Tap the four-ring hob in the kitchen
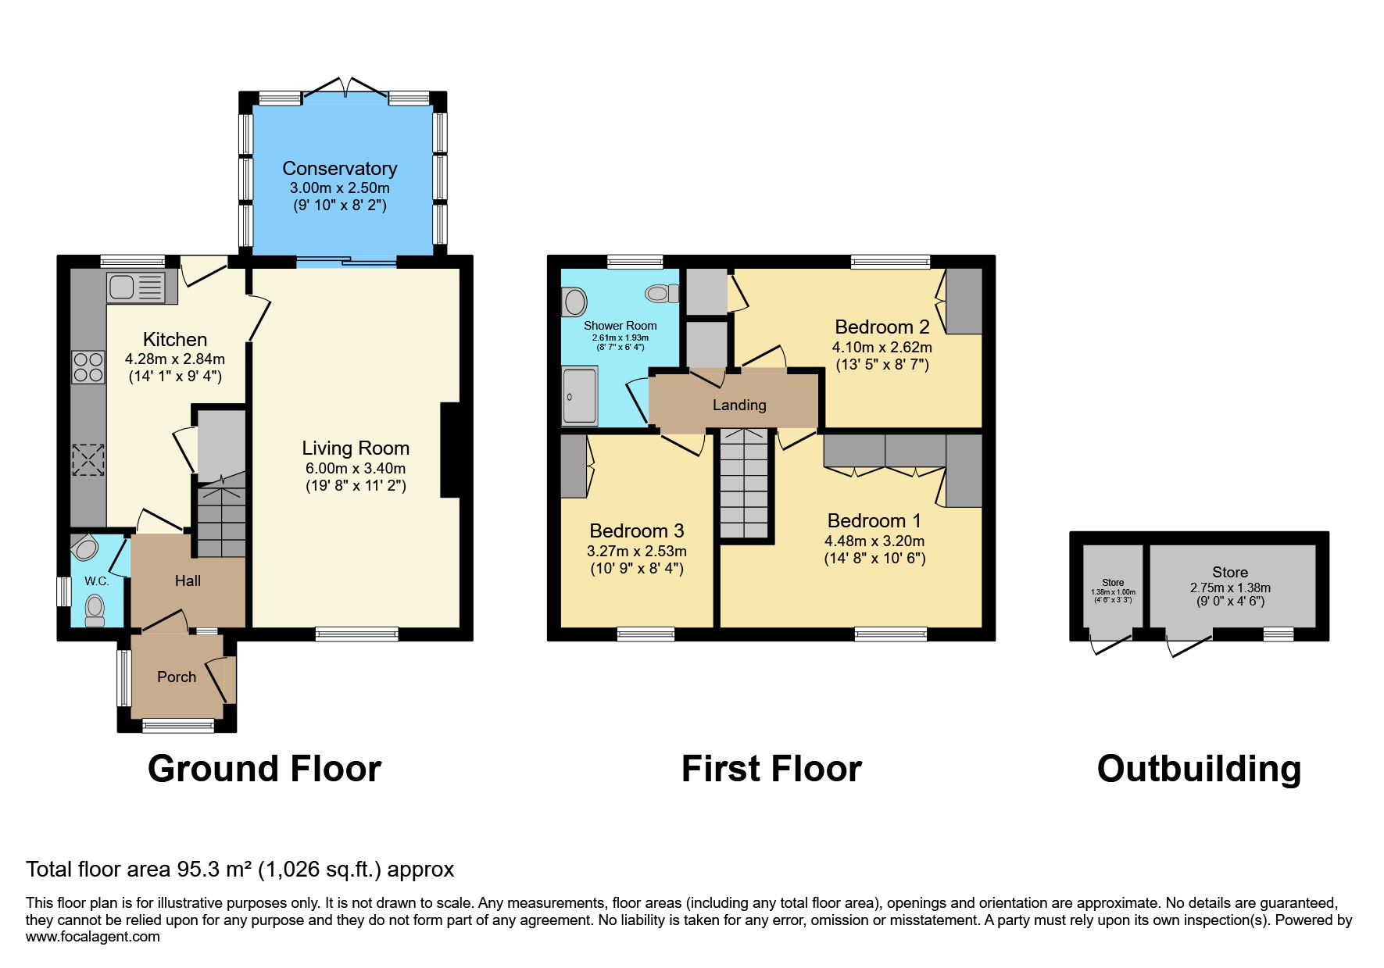(x=88, y=367)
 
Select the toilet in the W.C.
(x=95, y=610)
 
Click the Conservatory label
(x=340, y=169)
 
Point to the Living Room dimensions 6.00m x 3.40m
(x=356, y=468)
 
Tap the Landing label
(x=739, y=405)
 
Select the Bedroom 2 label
(x=882, y=327)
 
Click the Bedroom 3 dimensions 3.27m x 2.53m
(x=637, y=551)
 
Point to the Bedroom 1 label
(x=874, y=520)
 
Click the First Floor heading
(x=771, y=769)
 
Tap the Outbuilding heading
(x=1199, y=769)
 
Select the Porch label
(x=177, y=677)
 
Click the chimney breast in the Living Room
(x=450, y=450)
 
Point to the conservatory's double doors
(x=345, y=88)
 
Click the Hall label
(x=188, y=580)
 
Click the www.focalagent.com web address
(x=92, y=937)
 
